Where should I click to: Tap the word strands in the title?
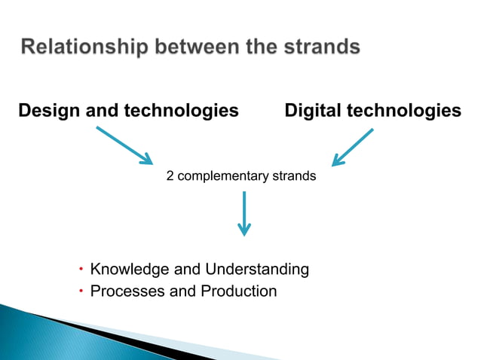[x=320, y=48]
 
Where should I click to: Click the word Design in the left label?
[x=47, y=111]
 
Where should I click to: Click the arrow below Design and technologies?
[x=124, y=145]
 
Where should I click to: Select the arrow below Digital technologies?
[x=352, y=147]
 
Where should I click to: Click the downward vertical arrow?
[x=244, y=214]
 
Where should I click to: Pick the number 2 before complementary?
[x=170, y=176]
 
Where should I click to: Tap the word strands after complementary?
[x=293, y=176]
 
